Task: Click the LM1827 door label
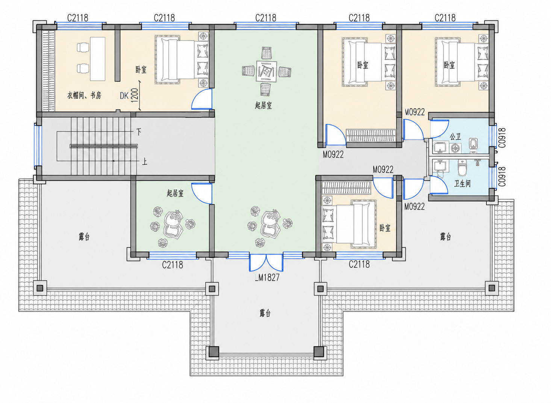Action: tap(267, 278)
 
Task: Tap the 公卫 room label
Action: tap(455, 137)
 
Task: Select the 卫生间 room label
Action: tap(462, 183)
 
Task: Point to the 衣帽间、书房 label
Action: tap(84, 95)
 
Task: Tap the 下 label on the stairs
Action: tap(139, 132)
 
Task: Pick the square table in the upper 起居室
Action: tap(266, 71)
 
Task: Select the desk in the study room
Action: tap(98, 59)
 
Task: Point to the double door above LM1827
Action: tap(266, 263)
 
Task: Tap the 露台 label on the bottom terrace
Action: tap(265, 313)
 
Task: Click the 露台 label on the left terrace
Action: tap(84, 237)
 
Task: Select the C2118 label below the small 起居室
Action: tap(173, 265)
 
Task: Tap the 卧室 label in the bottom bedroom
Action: tap(385, 228)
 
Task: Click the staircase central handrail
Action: tap(104, 146)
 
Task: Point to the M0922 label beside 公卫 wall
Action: tap(415, 112)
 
